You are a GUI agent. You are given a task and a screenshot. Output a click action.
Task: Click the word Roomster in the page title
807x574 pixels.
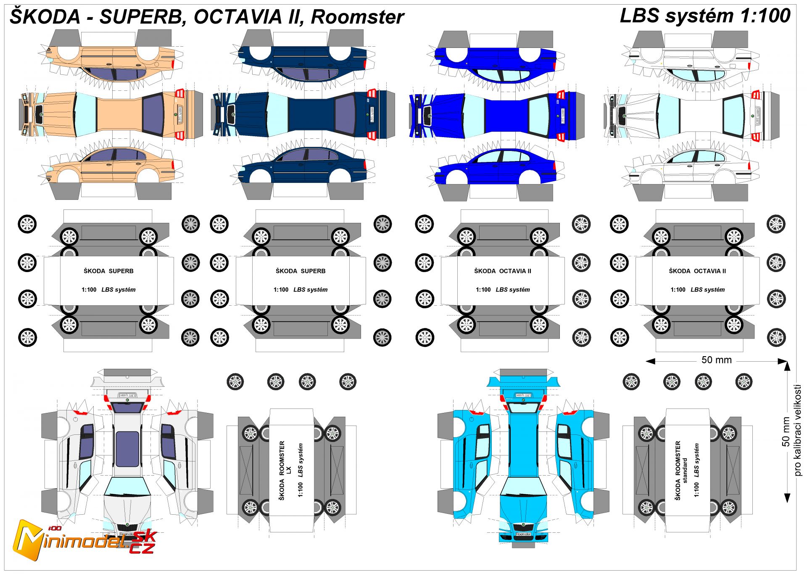357,17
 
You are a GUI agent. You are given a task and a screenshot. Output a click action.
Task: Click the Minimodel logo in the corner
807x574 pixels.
84,540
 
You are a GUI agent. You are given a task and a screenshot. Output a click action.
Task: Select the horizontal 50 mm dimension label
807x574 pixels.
716,360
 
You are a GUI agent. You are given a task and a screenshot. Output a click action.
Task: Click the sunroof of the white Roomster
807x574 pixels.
127,449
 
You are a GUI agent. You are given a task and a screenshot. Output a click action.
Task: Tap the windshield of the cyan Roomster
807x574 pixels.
523,486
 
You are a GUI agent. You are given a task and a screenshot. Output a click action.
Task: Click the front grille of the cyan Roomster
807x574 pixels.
523,527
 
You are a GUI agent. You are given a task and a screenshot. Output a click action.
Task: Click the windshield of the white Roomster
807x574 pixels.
127,486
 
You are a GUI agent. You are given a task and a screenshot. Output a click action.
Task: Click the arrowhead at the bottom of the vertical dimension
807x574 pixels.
787,498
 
